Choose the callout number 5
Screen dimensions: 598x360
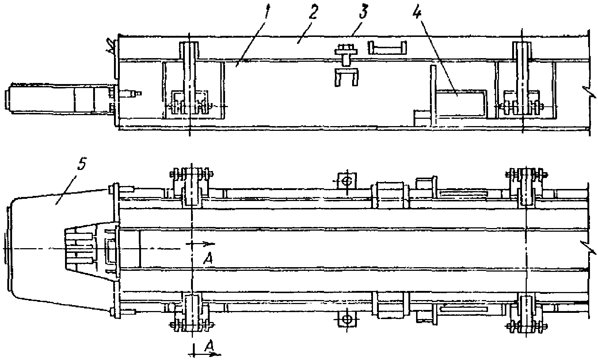click(x=82, y=165)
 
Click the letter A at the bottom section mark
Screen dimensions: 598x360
click(x=209, y=344)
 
